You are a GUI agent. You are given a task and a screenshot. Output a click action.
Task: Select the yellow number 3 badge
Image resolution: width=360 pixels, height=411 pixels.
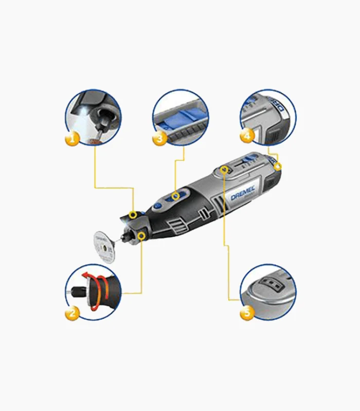tap(160, 138)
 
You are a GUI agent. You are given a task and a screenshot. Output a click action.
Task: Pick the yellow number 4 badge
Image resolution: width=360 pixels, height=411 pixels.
tap(247, 137)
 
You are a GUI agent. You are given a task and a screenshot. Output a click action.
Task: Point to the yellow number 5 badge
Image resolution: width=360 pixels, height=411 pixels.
tap(247, 312)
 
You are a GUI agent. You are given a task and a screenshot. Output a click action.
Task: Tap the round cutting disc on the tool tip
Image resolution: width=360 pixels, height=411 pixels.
tap(105, 248)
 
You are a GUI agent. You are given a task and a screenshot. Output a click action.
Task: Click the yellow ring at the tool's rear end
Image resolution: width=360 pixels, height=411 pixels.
tap(278, 166)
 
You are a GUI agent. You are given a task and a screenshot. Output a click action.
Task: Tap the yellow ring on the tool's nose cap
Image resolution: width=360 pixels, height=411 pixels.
tap(134, 215)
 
